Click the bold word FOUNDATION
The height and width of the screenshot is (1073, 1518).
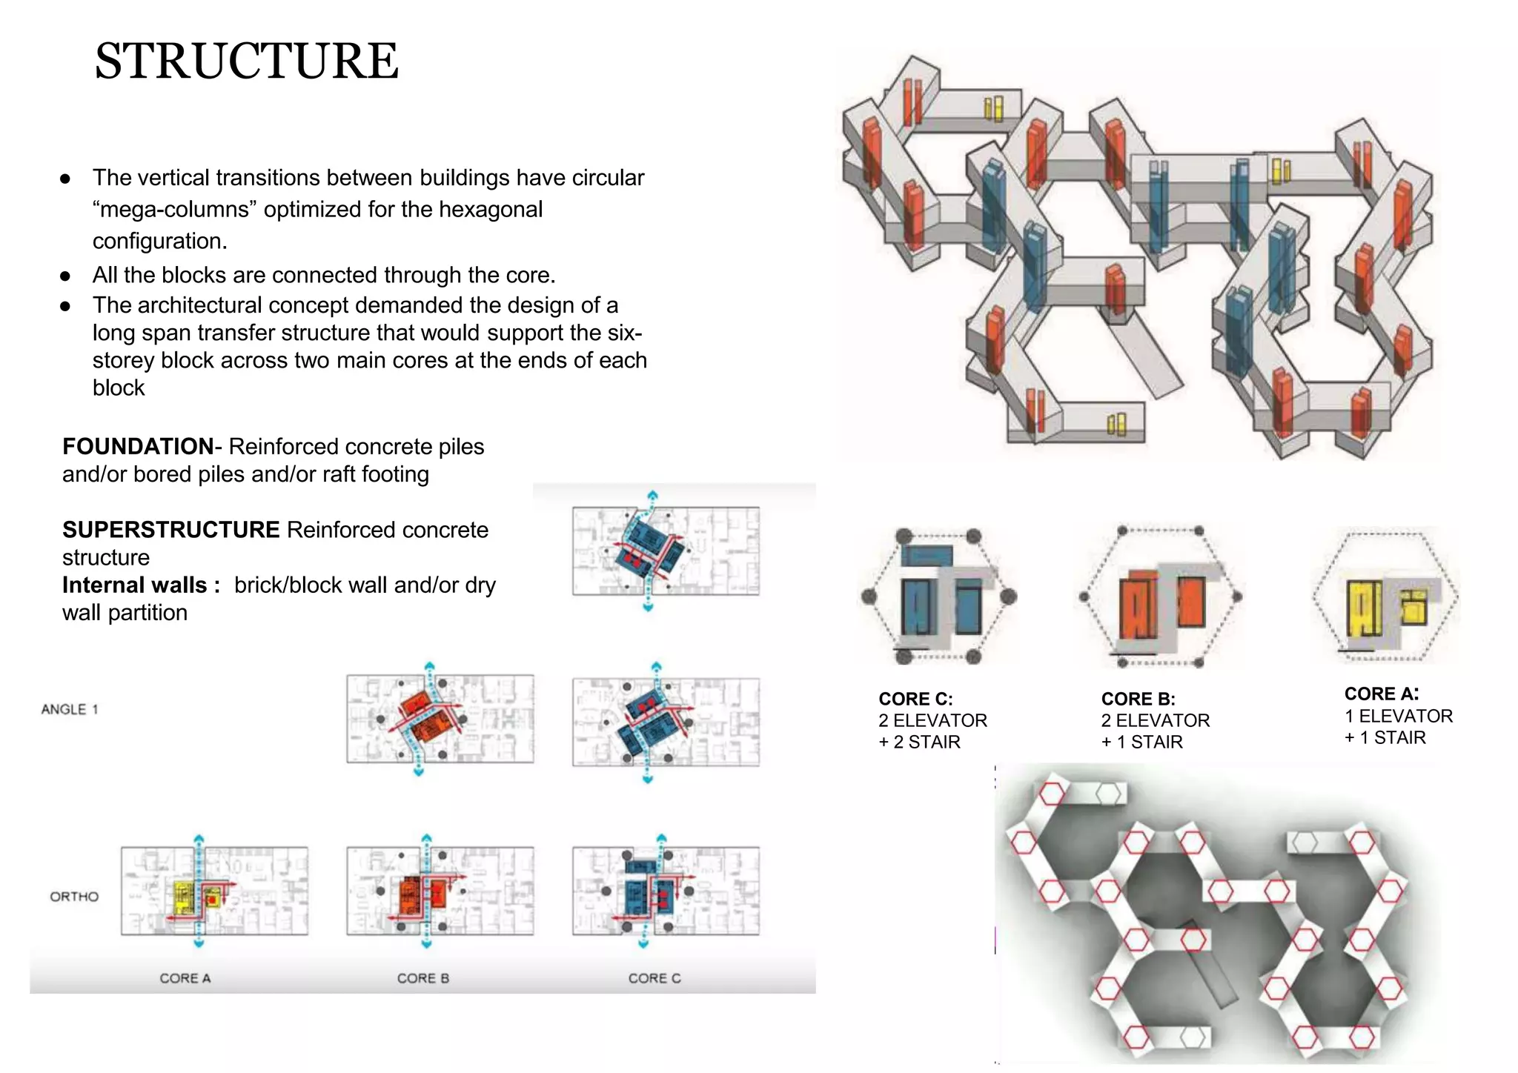click(138, 447)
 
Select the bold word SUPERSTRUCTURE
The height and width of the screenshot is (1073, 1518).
click(170, 530)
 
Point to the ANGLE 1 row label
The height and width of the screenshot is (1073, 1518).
click(70, 709)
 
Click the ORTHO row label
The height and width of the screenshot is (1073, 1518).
click(74, 897)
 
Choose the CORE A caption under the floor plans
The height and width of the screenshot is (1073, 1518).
click(185, 978)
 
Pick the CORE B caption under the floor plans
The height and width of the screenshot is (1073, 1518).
click(423, 978)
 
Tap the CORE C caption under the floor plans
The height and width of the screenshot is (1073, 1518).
click(654, 978)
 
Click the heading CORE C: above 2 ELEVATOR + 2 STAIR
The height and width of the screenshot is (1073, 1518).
click(915, 699)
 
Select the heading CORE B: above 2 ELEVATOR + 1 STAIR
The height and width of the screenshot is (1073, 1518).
click(1138, 699)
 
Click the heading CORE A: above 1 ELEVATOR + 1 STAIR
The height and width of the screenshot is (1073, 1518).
click(1381, 694)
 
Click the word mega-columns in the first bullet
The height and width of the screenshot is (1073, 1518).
click(175, 210)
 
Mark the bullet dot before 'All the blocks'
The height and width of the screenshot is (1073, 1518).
click(65, 276)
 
